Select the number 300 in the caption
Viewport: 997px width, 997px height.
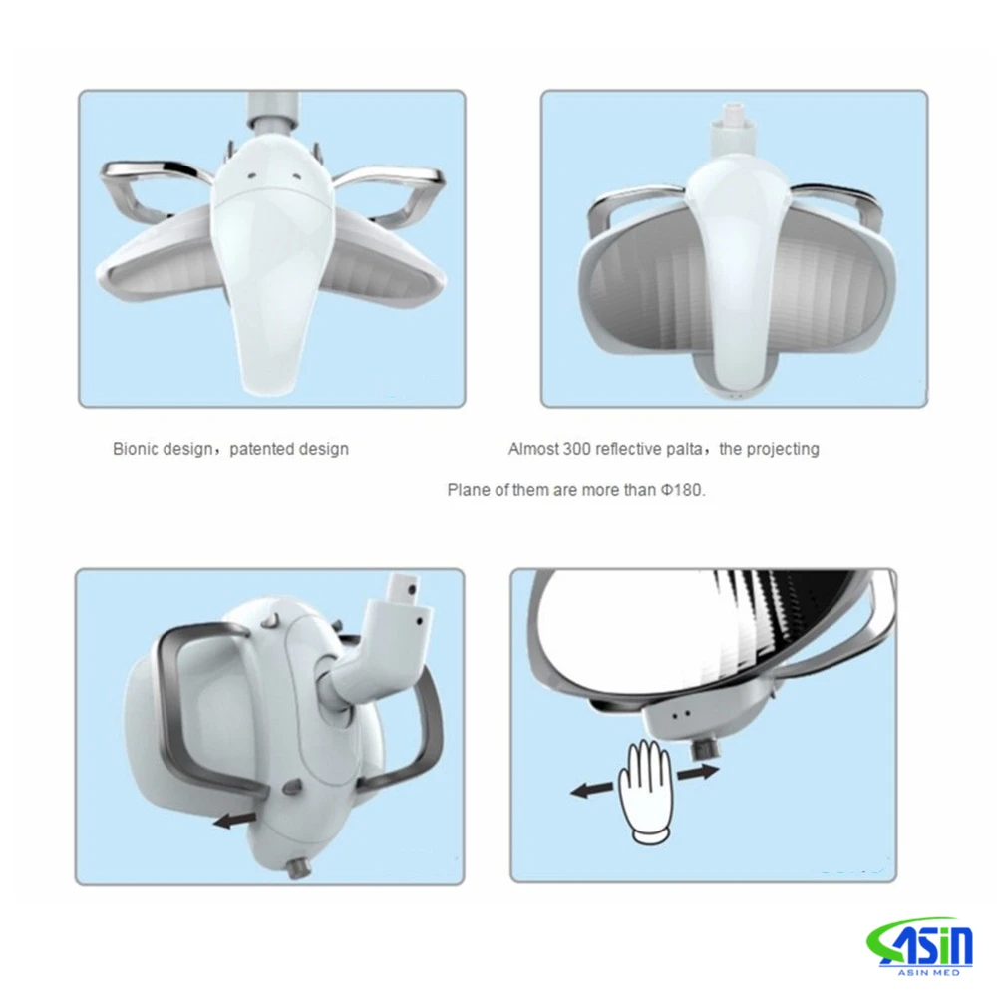coord(576,449)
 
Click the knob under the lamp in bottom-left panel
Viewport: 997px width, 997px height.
coord(295,868)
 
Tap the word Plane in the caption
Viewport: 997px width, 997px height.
coord(469,491)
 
